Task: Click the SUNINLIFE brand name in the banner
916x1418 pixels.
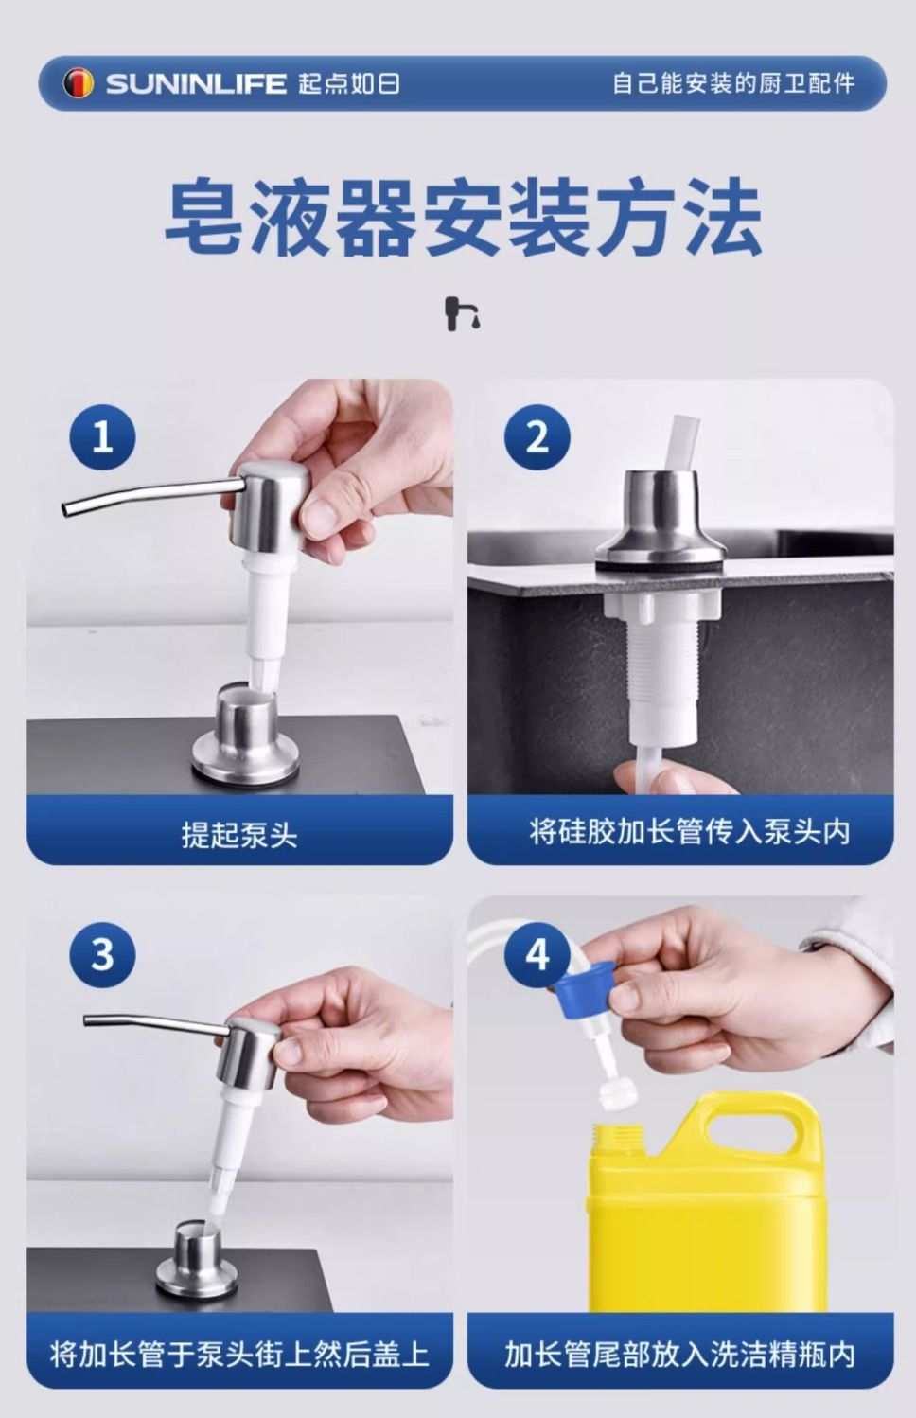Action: tap(196, 83)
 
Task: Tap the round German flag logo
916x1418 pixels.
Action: tap(79, 83)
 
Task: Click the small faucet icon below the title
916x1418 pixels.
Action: tap(462, 313)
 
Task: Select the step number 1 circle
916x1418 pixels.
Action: tap(102, 436)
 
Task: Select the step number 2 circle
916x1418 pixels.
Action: tap(537, 436)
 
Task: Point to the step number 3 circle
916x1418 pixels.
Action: tap(102, 954)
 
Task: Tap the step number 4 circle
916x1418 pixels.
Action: tap(537, 954)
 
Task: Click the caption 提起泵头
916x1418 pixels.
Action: tap(239, 834)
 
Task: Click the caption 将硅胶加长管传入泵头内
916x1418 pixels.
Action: tap(690, 831)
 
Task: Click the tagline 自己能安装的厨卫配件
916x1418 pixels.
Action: tap(733, 83)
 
